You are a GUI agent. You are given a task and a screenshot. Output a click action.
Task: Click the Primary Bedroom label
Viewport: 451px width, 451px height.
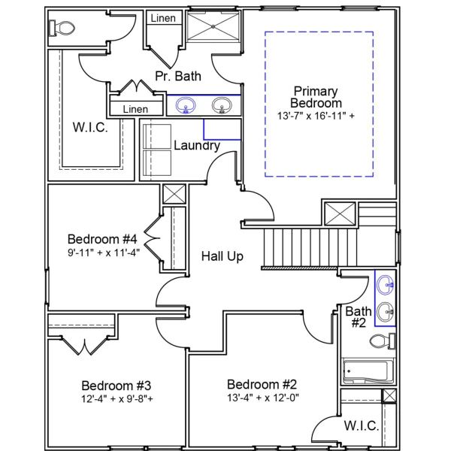click(317, 97)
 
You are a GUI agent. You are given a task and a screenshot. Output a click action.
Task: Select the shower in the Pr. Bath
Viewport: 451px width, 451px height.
click(213, 29)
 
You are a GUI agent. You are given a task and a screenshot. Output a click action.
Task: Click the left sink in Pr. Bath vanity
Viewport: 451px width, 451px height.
click(181, 106)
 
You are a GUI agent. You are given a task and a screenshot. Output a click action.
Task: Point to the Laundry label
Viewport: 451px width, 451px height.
click(197, 145)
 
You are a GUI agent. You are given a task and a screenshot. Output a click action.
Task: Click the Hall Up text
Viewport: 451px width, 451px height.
click(222, 256)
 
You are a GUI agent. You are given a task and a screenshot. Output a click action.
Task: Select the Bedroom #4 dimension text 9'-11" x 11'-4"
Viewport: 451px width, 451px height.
click(103, 253)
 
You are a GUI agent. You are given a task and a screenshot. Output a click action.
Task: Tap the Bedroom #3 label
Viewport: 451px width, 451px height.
click(112, 381)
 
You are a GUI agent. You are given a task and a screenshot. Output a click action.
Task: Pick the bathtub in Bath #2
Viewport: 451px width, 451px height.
click(365, 371)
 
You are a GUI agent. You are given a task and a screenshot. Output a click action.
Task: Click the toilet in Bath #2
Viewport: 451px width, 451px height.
click(381, 342)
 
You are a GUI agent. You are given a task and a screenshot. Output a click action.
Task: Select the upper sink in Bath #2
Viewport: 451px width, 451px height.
click(385, 284)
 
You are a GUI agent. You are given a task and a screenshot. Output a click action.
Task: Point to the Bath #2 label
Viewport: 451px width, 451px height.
click(358, 317)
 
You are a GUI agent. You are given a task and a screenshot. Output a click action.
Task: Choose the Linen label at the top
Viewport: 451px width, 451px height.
click(163, 18)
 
